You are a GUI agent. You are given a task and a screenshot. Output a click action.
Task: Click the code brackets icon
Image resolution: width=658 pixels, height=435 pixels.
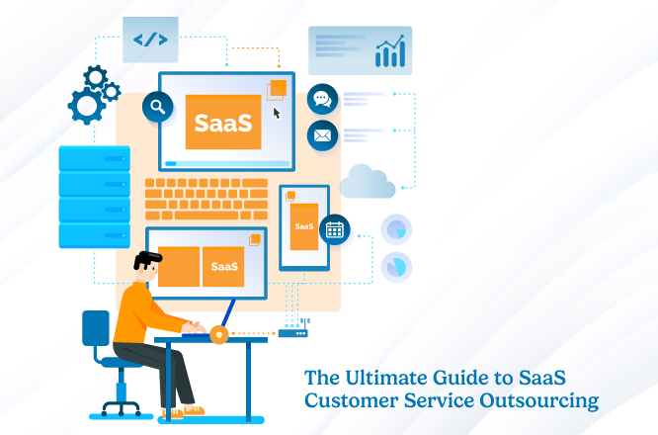point(150,41)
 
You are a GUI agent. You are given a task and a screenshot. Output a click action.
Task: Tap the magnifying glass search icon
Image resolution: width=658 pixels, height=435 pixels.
point(157,105)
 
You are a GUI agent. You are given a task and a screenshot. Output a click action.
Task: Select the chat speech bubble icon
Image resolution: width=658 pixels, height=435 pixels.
point(322,99)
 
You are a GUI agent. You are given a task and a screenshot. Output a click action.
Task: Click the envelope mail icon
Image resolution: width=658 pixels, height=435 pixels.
point(322,135)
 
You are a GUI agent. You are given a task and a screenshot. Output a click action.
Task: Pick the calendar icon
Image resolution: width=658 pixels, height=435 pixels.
point(334,230)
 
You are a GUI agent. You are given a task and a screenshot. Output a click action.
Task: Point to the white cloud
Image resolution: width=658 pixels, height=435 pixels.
point(368,182)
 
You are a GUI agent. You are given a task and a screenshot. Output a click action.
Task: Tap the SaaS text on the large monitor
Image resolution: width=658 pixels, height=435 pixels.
point(223,123)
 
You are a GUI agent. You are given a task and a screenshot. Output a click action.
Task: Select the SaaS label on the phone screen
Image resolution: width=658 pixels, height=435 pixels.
point(303,226)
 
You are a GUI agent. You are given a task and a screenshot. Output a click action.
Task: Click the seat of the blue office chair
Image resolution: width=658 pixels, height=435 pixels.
point(121,364)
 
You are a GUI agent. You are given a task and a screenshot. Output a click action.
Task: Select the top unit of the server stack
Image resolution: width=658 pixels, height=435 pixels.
point(94,158)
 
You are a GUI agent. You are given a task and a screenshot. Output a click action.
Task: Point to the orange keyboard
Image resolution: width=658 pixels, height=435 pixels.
point(206,198)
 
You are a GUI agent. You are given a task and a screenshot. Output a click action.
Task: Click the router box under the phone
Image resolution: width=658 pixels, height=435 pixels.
point(292,333)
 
